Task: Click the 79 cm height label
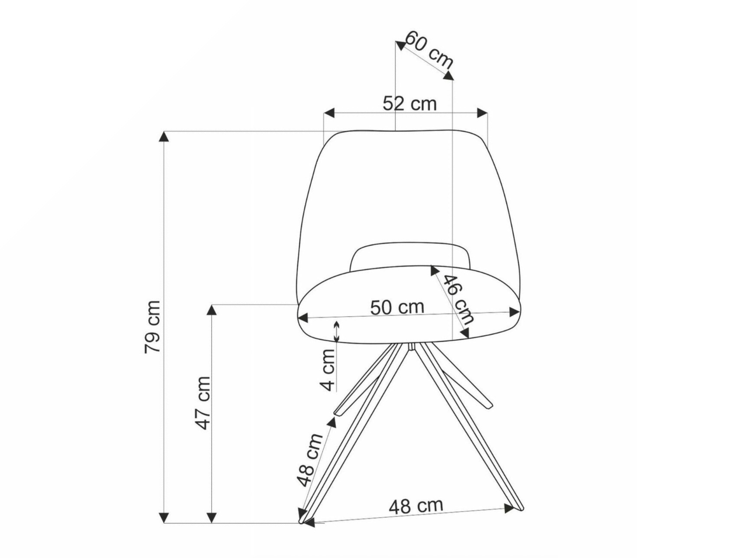pyautogui.click(x=153, y=326)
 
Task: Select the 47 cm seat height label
pyautogui.click(x=203, y=402)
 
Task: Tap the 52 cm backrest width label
pyautogui.click(x=409, y=104)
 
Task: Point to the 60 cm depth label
pyautogui.click(x=429, y=49)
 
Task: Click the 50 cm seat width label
pyautogui.click(x=397, y=307)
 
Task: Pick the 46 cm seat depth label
pyautogui.click(x=459, y=299)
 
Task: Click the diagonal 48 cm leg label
pyautogui.click(x=310, y=459)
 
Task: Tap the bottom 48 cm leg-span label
pyautogui.click(x=416, y=506)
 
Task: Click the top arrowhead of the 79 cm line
pyautogui.click(x=163, y=136)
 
